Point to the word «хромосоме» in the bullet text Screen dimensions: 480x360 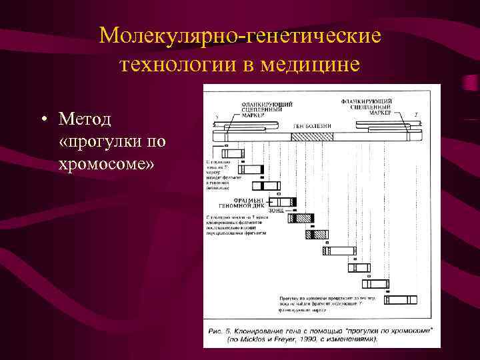coord(107,163)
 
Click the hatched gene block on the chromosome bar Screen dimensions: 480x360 coord(312,136)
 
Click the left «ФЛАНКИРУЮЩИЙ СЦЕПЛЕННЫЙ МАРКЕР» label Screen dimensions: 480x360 coord(266,109)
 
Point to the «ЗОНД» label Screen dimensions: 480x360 coord(275,211)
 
